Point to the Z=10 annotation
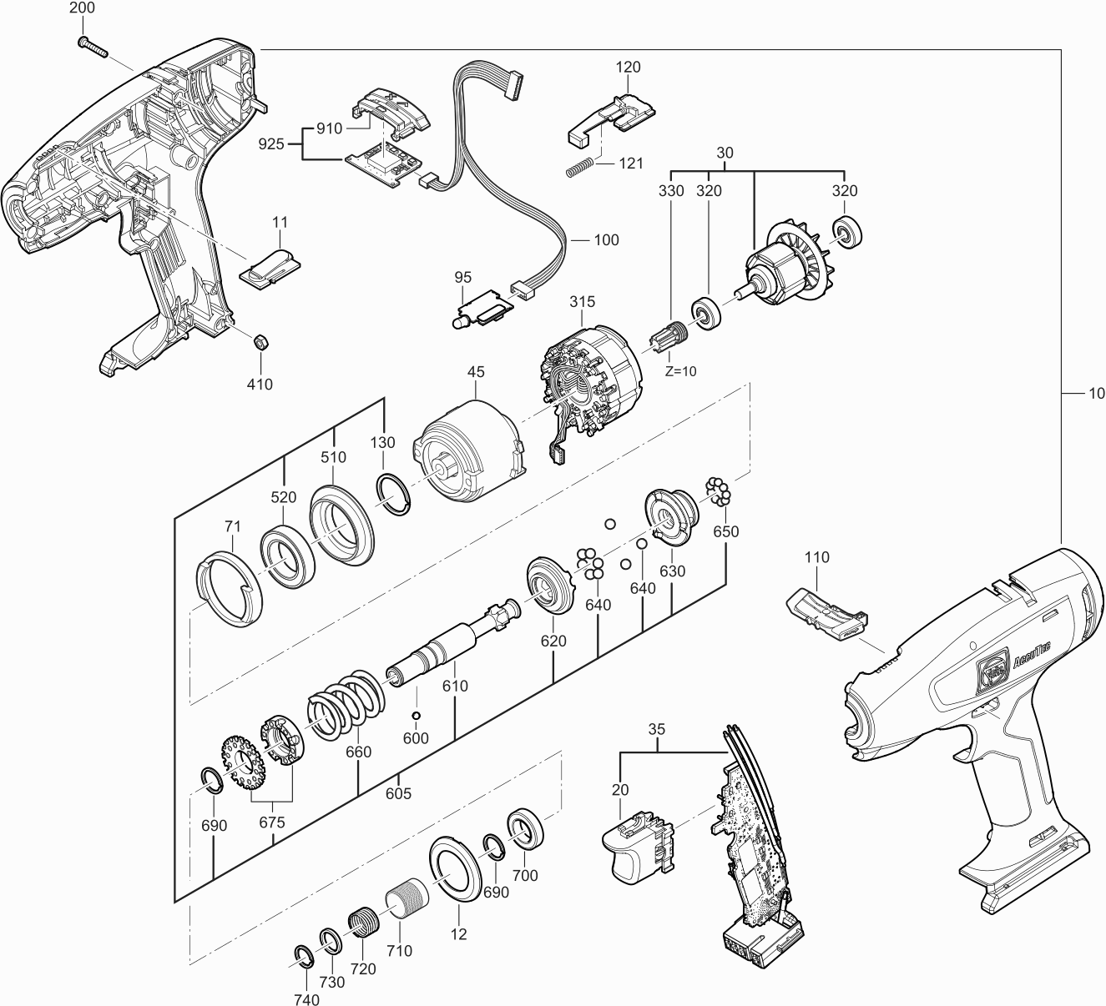coord(680,371)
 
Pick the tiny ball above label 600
coord(415,716)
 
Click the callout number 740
coord(307,1000)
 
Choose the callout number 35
coord(657,728)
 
